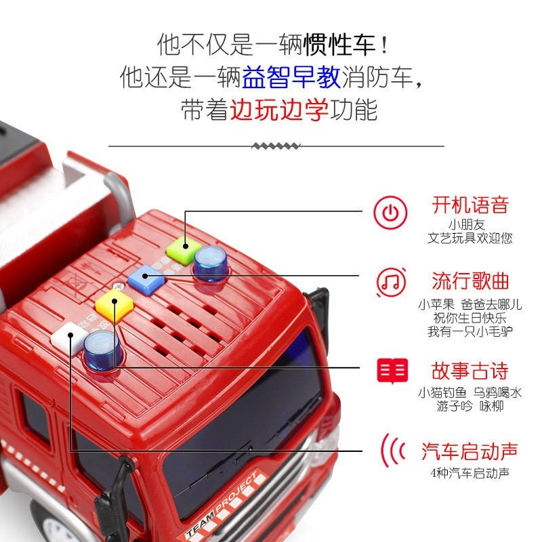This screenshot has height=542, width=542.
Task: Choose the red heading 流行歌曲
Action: (470, 280)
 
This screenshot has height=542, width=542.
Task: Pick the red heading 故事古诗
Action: (470, 371)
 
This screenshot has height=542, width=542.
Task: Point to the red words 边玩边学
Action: (279, 109)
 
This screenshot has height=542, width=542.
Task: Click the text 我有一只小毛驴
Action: (470, 332)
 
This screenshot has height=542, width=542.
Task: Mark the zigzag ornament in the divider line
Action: (276, 146)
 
